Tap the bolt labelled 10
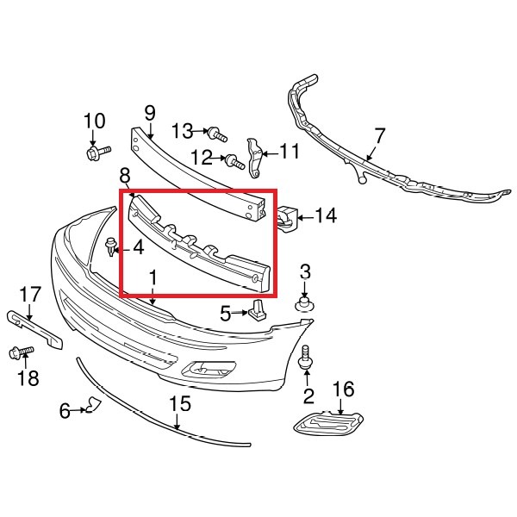point(96,153)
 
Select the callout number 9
point(149,112)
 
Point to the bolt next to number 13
point(216,134)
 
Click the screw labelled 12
point(234,159)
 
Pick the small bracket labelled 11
point(254,156)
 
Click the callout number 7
point(380,134)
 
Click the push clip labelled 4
point(110,250)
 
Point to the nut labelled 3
point(304,303)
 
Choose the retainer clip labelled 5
point(258,310)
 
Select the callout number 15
point(178,402)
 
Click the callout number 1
point(153,278)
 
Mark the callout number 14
point(326,215)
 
